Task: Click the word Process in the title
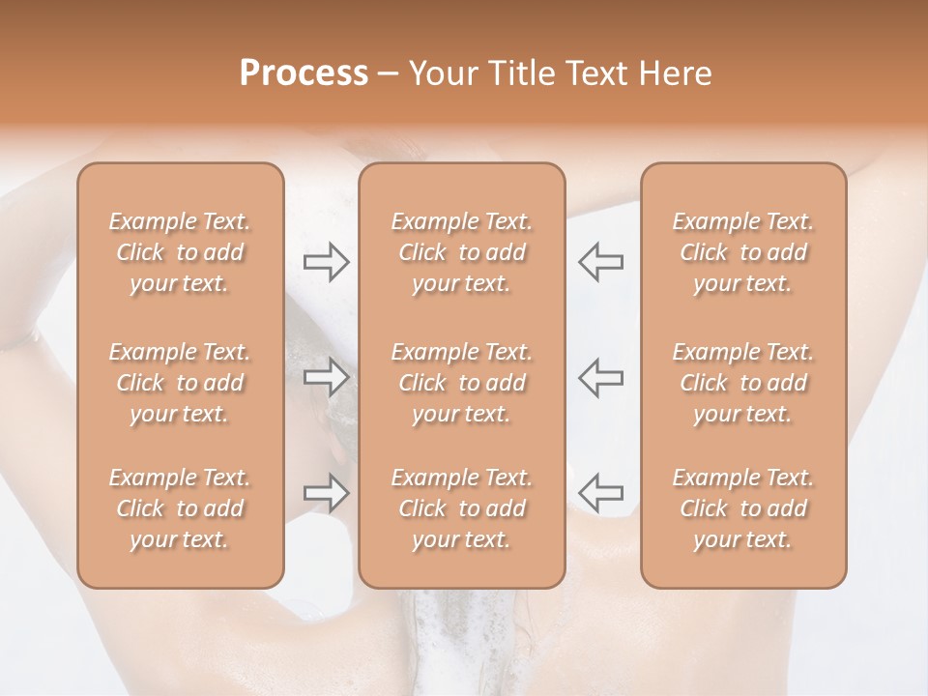point(304,73)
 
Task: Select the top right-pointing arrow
point(326,262)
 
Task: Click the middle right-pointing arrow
point(326,378)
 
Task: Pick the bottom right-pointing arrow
point(326,493)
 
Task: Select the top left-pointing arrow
point(601,262)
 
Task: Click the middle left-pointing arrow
point(601,378)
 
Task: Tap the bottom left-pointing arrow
point(601,493)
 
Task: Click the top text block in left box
point(180,252)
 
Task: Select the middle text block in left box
point(180,383)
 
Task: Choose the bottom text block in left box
point(180,508)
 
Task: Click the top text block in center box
point(461,252)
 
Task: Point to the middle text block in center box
point(461,383)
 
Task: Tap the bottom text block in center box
point(461,508)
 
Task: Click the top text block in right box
point(742,252)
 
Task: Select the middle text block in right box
point(742,383)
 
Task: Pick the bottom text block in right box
point(742,508)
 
